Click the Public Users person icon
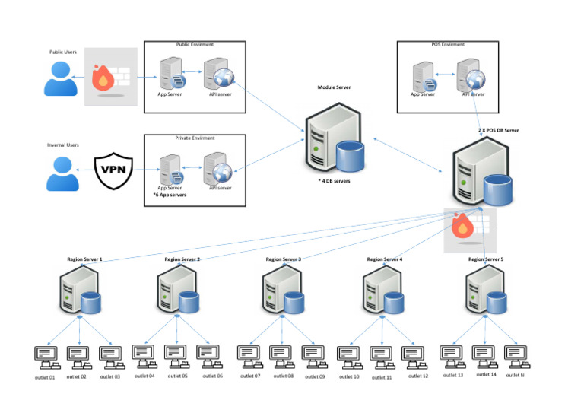(x=61, y=78)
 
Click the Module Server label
(x=335, y=88)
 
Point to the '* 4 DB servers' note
(x=335, y=181)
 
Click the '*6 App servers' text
(x=170, y=195)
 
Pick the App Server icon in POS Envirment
(x=424, y=78)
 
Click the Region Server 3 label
(x=284, y=259)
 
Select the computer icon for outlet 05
(x=176, y=354)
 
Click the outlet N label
(x=515, y=375)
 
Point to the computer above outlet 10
(x=350, y=355)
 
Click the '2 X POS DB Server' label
(x=498, y=131)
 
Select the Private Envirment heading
(x=195, y=138)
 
